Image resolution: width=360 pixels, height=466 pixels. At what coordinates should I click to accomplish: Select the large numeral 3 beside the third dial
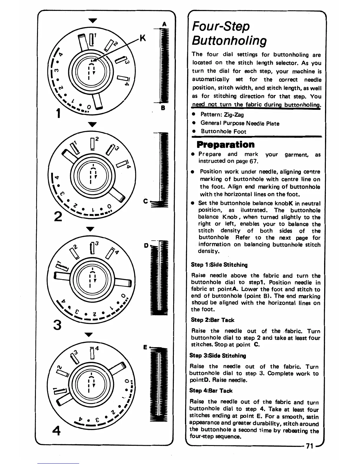58,325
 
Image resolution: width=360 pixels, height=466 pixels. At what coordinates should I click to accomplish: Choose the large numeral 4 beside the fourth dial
56,431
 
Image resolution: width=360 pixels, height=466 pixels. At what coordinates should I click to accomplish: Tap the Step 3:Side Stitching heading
218,355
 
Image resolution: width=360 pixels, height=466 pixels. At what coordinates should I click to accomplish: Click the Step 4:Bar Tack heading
211,391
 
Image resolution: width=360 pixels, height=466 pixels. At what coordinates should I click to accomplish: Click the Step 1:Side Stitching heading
219,265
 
